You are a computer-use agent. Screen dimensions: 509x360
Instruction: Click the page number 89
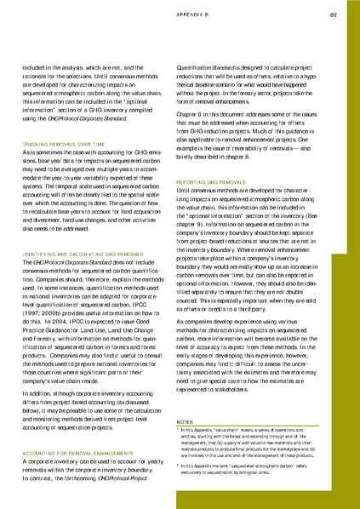pyautogui.click(x=333, y=14)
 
